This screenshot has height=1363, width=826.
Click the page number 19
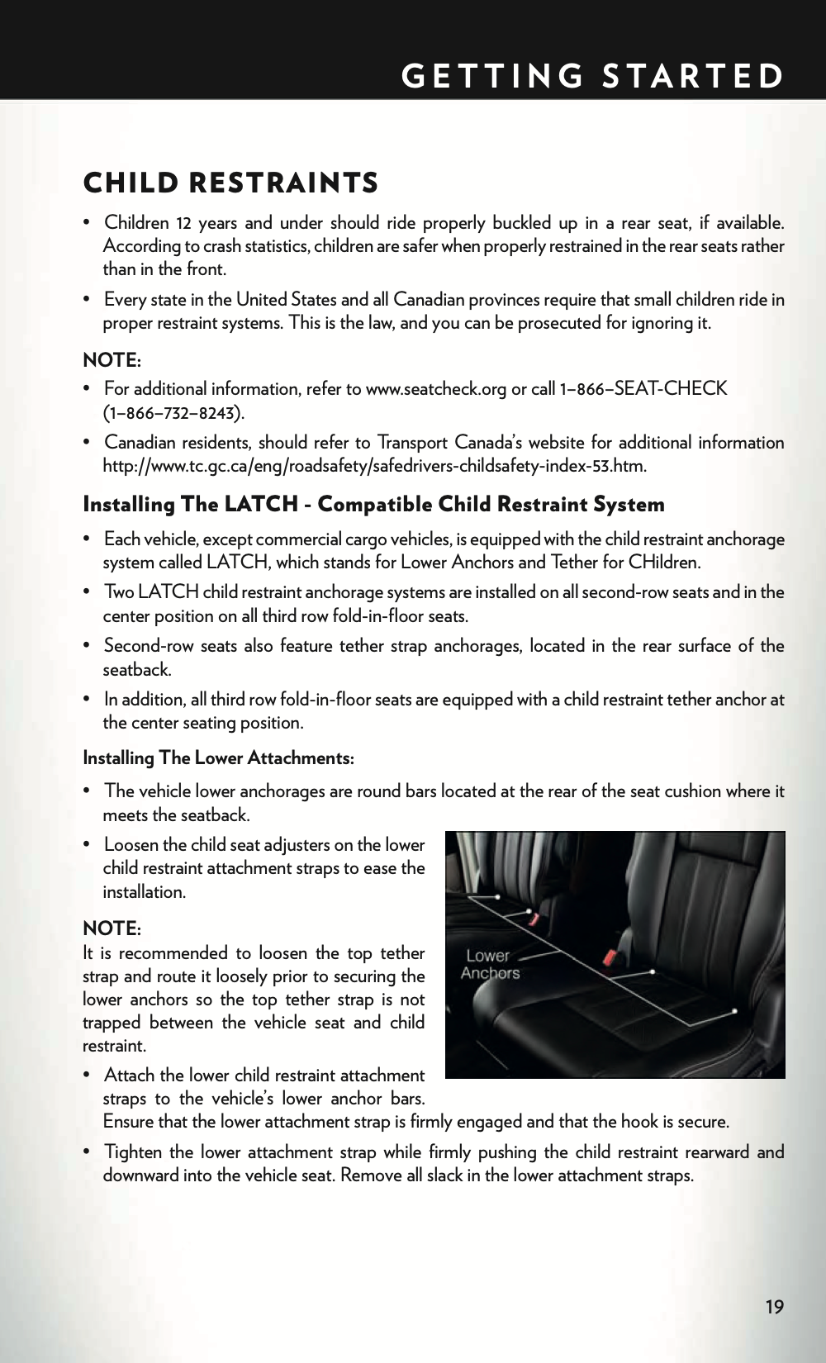[x=774, y=1306]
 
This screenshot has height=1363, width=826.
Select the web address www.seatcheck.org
[x=435, y=389]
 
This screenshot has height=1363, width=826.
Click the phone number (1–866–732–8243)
[x=173, y=412]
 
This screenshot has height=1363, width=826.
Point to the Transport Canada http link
[x=374, y=466]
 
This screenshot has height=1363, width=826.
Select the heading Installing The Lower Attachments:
[x=219, y=757]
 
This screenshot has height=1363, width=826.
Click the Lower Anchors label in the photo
[x=490, y=965]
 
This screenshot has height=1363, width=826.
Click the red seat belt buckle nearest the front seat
[x=612, y=957]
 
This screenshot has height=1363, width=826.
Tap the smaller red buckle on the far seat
[x=534, y=918]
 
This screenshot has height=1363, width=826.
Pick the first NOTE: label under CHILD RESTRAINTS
[x=112, y=360]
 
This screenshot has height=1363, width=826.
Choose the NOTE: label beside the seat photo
[x=112, y=928]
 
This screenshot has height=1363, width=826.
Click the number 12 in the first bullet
[x=183, y=223]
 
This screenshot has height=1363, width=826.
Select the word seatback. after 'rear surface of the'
[x=137, y=669]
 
